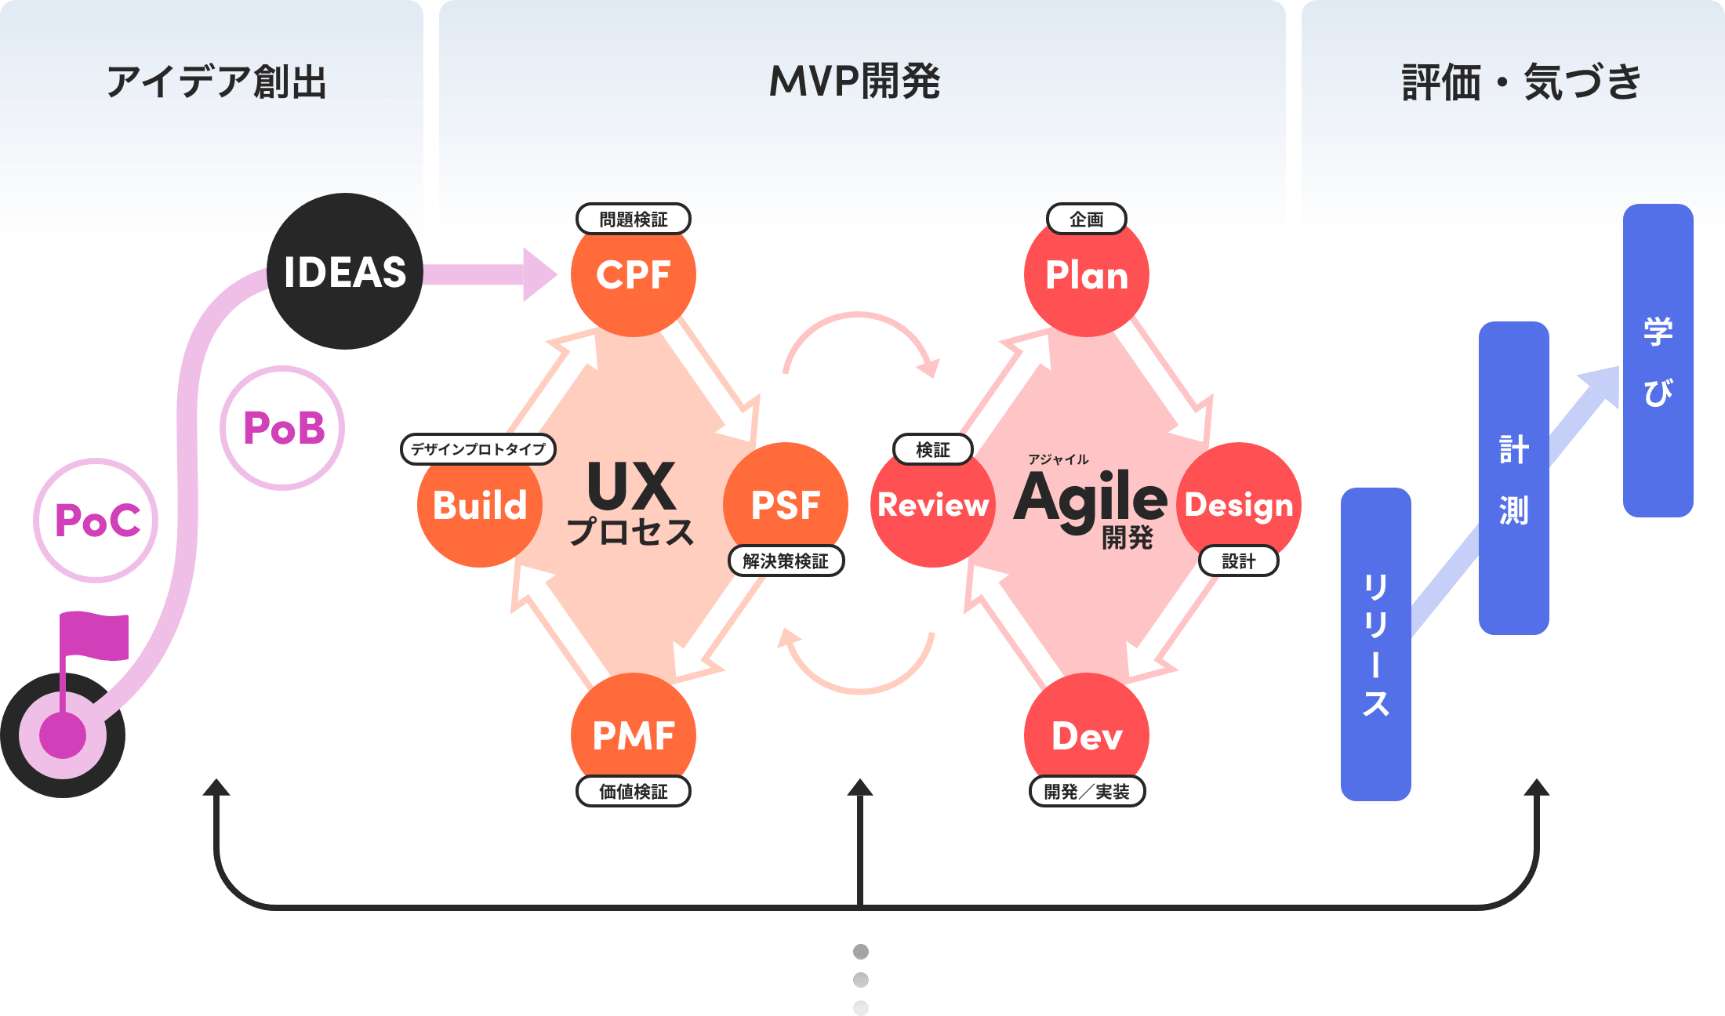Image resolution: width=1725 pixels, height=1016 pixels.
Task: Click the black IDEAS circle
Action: point(345,271)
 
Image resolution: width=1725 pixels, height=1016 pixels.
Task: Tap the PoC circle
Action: point(96,521)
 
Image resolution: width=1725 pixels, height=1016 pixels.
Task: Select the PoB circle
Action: point(283,428)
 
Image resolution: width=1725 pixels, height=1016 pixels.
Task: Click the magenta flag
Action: point(96,635)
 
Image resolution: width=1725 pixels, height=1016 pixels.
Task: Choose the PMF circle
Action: point(633,734)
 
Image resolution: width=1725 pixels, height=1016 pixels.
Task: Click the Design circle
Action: point(1239,503)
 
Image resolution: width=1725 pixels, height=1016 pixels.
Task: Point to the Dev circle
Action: point(1087,734)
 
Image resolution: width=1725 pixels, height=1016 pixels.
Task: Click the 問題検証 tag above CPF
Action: point(634,219)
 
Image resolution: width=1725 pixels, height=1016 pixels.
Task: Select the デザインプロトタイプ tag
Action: point(478,449)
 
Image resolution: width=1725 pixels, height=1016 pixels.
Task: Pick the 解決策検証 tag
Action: point(786,561)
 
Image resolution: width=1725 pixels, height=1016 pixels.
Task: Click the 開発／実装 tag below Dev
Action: point(1087,791)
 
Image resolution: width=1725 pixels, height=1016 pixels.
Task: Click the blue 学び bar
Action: point(1658,361)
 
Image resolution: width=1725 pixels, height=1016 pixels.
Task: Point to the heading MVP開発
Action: point(855,82)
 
